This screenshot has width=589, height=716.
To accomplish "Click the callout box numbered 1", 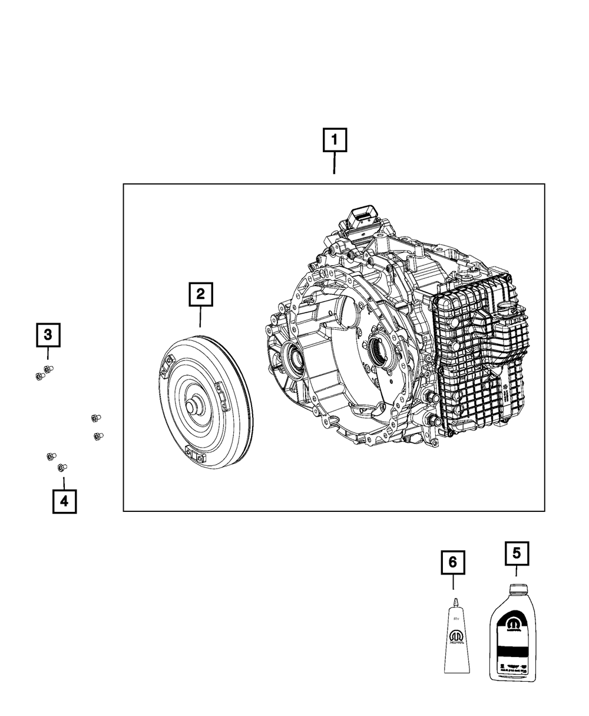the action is tap(335, 142).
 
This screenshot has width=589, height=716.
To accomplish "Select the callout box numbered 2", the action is tap(200, 294).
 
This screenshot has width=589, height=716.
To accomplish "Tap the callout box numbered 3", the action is tap(48, 335).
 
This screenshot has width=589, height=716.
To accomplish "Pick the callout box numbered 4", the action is tap(64, 501).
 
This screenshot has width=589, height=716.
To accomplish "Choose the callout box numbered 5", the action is tap(517, 553).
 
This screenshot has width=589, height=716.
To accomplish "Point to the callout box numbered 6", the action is tap(453, 563).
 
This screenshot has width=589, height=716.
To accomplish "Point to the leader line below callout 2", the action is tap(200, 317).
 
